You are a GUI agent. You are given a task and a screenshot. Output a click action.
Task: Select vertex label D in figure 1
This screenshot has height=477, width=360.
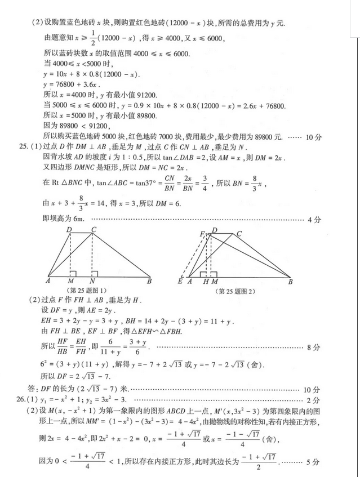click(x=69, y=229)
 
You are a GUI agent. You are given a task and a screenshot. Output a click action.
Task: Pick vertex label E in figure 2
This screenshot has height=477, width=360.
click(x=180, y=281)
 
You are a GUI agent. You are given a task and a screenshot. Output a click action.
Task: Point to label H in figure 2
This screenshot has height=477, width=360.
click(x=206, y=281)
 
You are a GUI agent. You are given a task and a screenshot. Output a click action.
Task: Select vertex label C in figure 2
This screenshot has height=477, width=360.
click(x=239, y=234)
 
